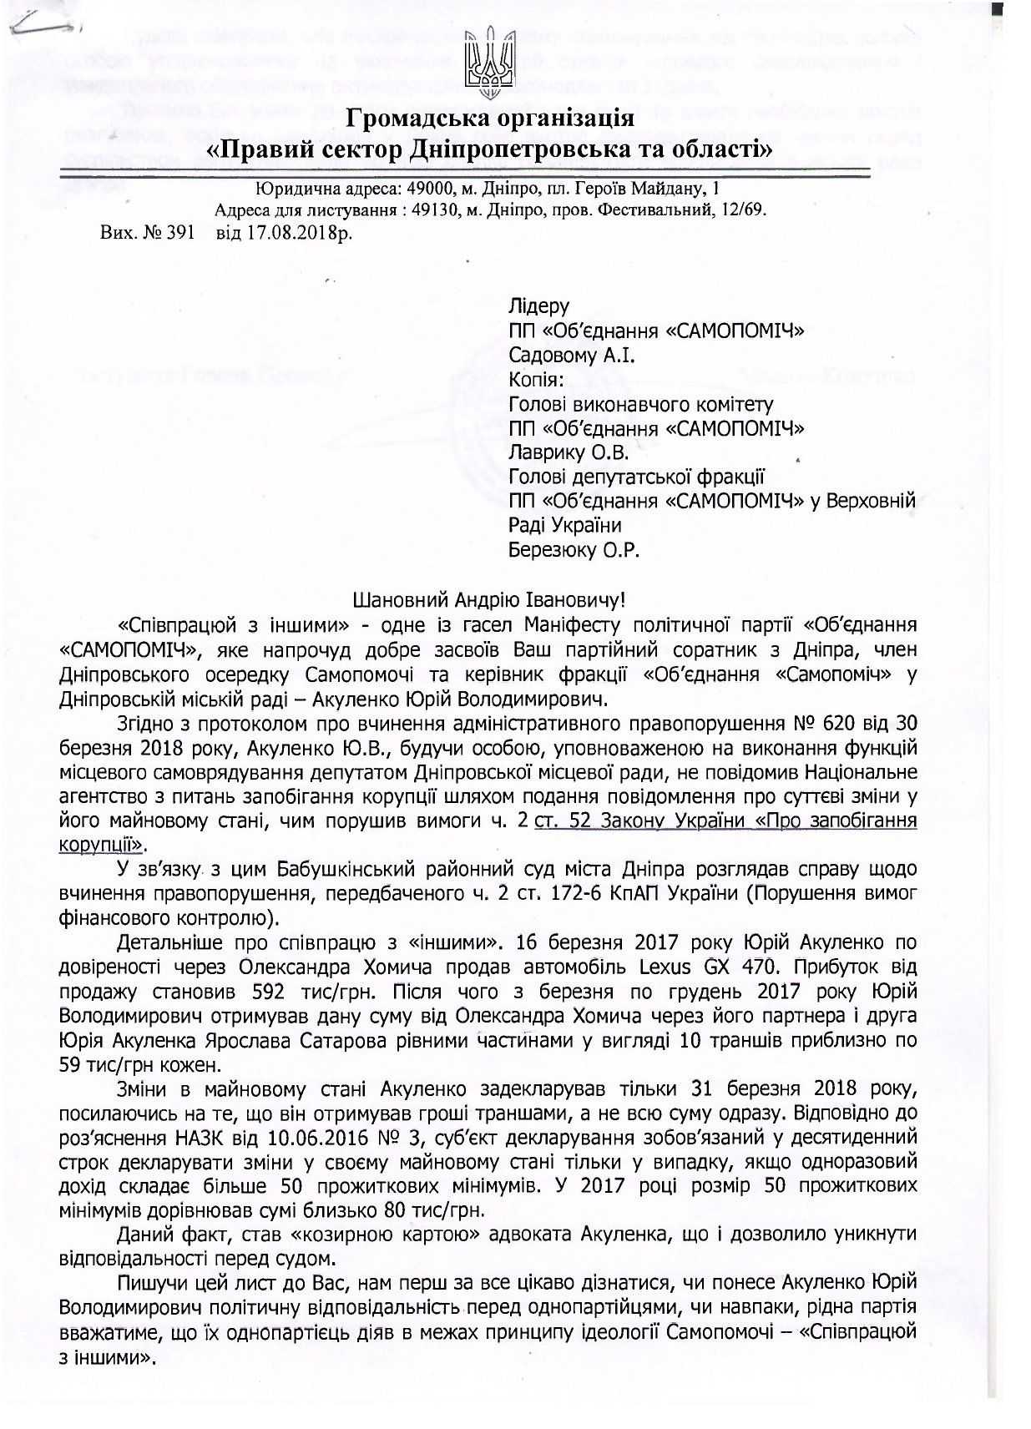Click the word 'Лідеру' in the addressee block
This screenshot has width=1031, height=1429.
click(x=539, y=307)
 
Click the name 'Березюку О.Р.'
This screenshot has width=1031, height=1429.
click(x=574, y=550)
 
